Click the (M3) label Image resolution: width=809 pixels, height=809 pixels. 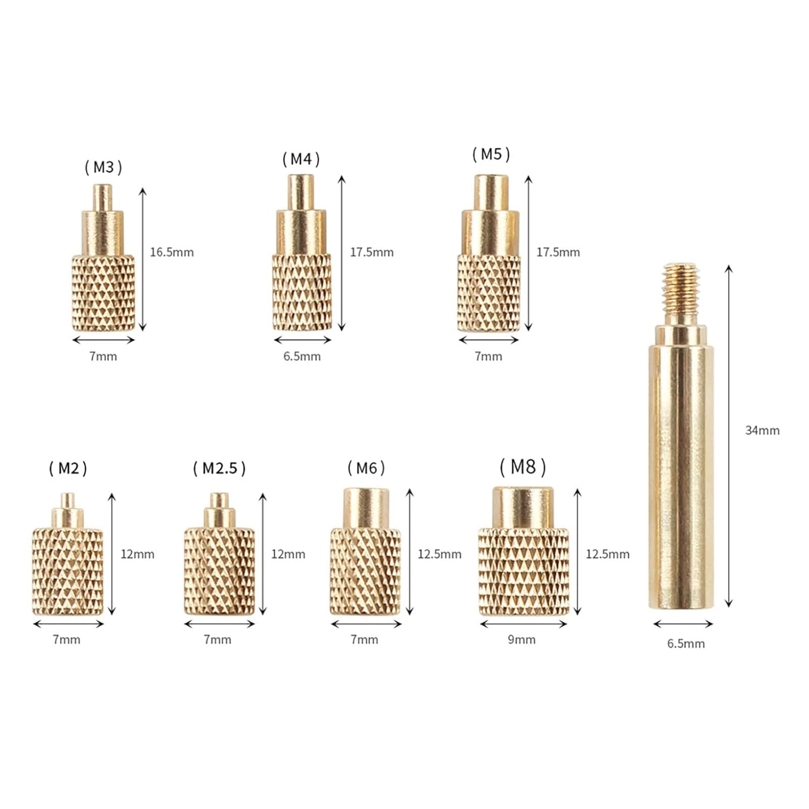[x=104, y=167]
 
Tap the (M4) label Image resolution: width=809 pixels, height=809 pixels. [x=301, y=159]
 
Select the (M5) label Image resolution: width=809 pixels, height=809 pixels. [x=491, y=154]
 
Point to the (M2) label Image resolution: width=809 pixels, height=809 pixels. [x=68, y=468]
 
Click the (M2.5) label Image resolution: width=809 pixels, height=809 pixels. [x=219, y=468]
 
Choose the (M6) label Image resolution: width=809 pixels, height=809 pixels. [x=366, y=468]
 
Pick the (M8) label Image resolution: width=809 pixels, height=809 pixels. [x=523, y=467]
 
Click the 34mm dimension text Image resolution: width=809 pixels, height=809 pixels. [x=762, y=430]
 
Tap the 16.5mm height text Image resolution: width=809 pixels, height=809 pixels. [x=172, y=252]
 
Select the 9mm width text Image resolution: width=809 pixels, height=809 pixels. [x=522, y=640]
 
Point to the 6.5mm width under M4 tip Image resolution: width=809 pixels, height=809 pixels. [x=302, y=356]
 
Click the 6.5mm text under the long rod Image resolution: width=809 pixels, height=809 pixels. [x=685, y=643]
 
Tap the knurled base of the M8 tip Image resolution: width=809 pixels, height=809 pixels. [x=523, y=572]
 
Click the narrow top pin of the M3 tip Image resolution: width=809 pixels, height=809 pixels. [x=102, y=197]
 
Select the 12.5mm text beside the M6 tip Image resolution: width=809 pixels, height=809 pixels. [x=440, y=554]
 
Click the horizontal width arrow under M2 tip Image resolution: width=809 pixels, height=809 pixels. [x=68, y=624]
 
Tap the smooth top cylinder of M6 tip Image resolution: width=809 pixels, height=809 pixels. [x=366, y=508]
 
